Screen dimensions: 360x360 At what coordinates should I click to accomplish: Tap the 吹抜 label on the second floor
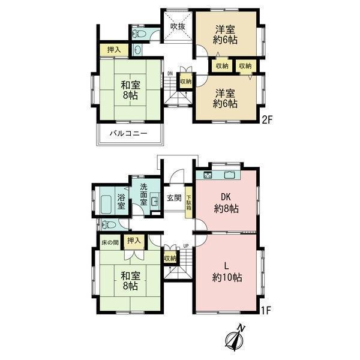[178, 26]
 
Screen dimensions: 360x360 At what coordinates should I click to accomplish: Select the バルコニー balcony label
[128, 133]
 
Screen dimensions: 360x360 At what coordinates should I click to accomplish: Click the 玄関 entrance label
[174, 197]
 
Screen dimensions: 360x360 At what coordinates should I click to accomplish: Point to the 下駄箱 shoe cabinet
[189, 202]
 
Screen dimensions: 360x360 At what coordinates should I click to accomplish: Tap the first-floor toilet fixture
[108, 224]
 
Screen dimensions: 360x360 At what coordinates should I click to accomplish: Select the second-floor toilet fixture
[139, 34]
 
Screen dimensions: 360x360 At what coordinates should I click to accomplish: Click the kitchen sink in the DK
[230, 175]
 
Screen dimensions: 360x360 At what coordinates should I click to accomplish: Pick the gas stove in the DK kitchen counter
[208, 175]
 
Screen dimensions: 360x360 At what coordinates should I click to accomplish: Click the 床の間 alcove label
[110, 242]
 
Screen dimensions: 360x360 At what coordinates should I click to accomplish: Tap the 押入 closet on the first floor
[134, 242]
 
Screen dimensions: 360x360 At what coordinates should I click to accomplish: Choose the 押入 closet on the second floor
[114, 50]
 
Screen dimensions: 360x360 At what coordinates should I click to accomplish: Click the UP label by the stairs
[186, 246]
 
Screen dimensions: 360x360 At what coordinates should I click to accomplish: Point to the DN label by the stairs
[170, 73]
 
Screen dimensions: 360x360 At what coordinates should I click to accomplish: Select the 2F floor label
[267, 119]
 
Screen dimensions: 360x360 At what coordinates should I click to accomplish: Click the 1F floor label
[266, 310]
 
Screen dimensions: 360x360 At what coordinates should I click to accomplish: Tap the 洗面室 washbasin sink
[154, 202]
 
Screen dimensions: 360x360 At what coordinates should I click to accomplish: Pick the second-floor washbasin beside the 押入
[137, 50]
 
